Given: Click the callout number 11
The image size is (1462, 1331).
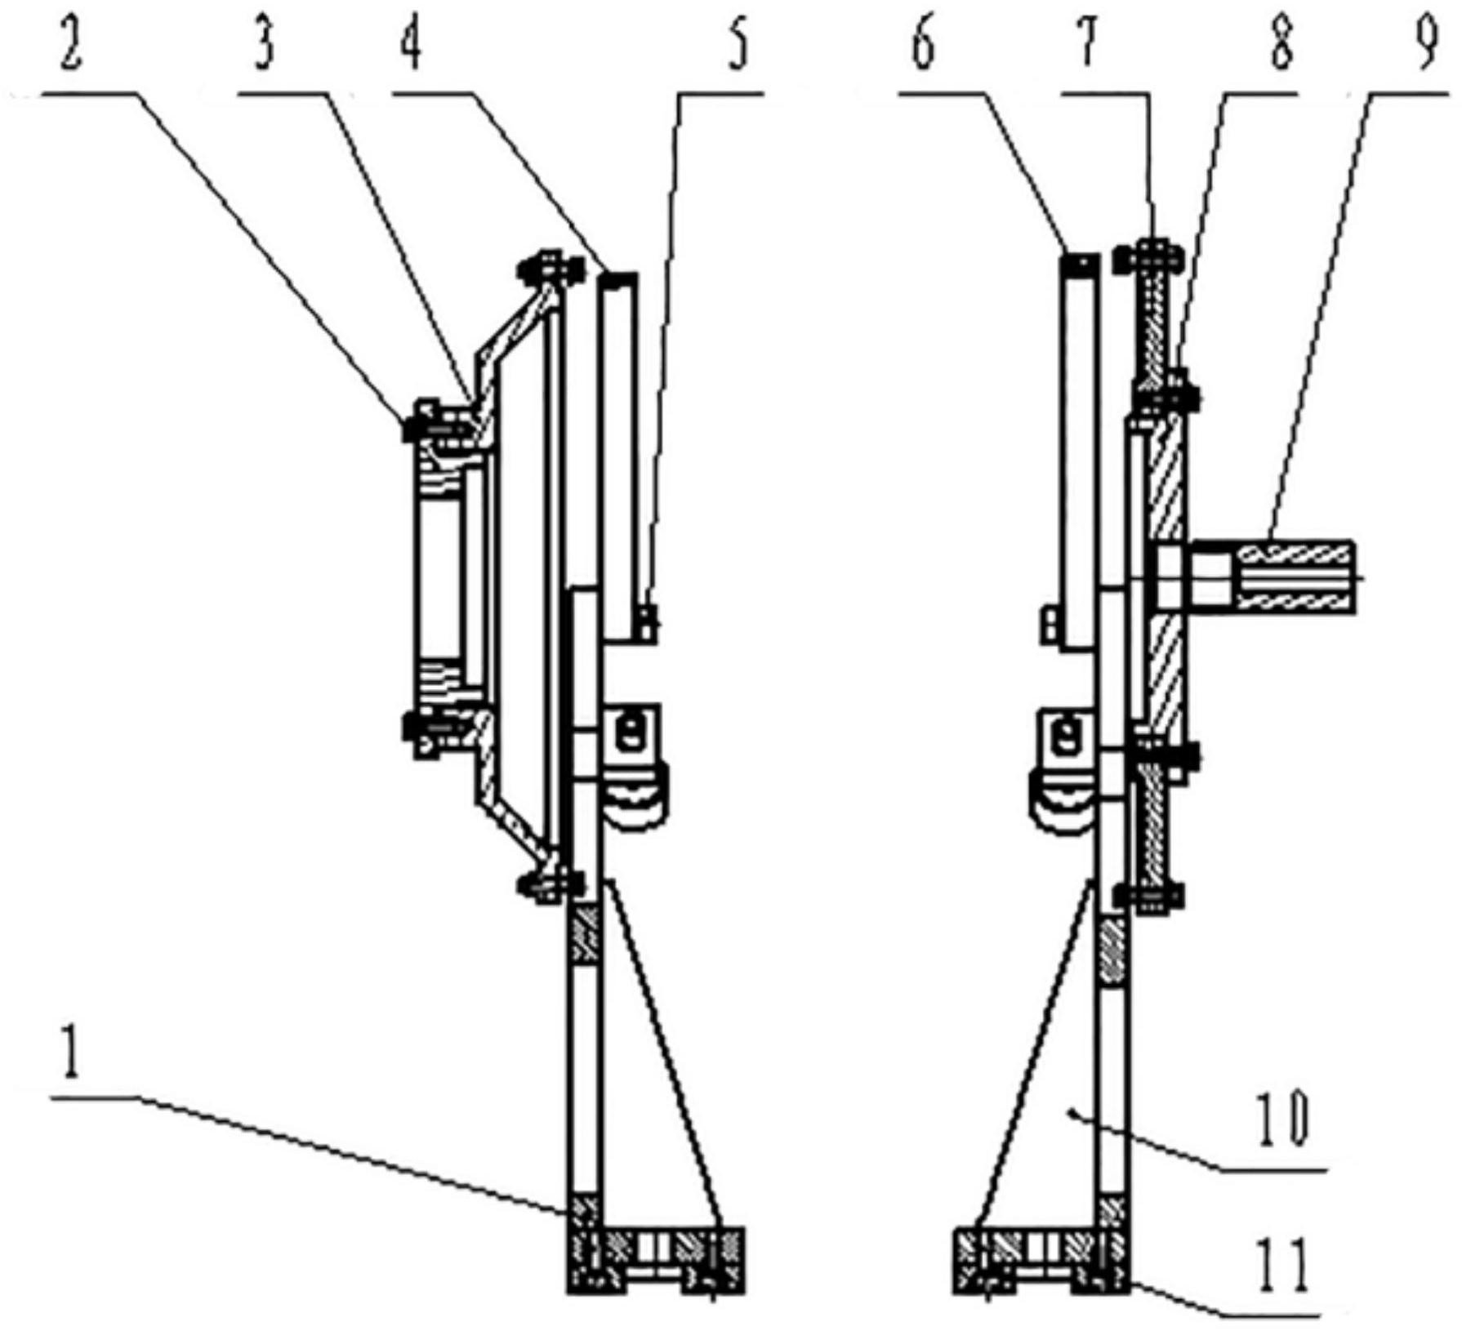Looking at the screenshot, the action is pyautogui.click(x=1285, y=1263).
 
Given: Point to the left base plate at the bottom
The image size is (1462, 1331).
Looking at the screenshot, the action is pyautogui.click(x=656, y=1260).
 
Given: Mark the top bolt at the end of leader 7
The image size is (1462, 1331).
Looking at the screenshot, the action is pyautogui.click(x=1152, y=255).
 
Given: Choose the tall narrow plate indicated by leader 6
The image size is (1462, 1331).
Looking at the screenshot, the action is pyautogui.click(x=1080, y=450).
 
